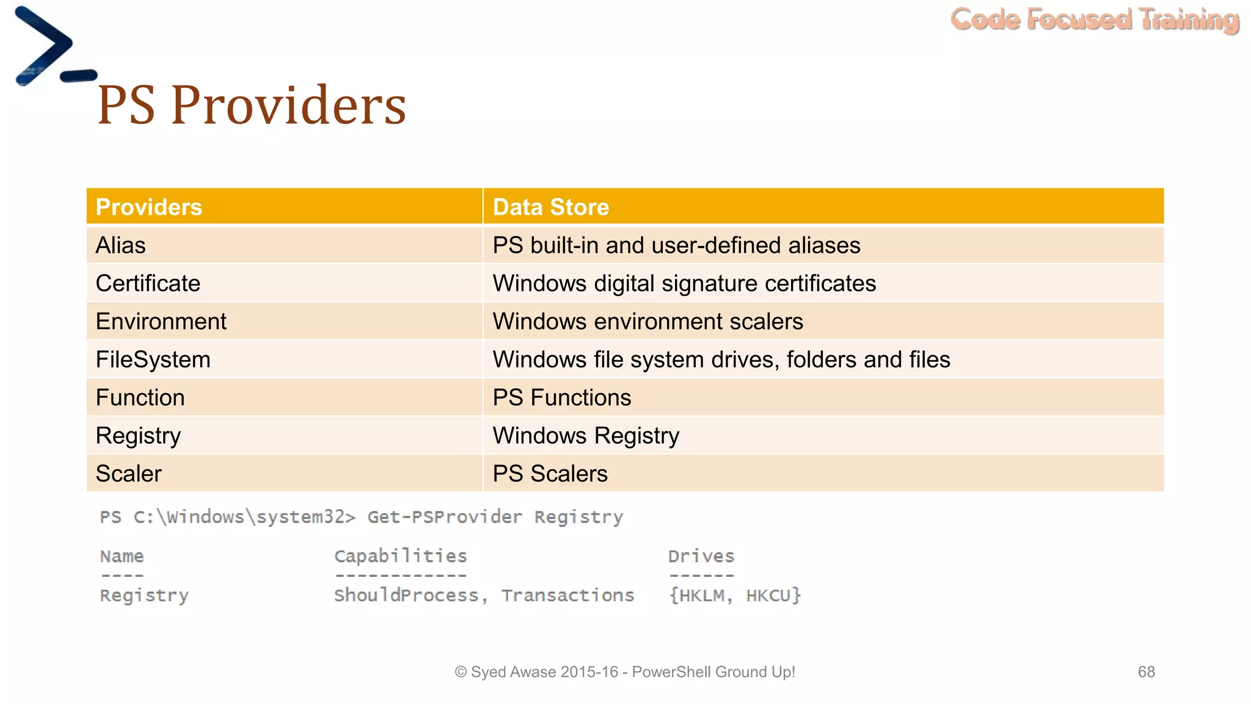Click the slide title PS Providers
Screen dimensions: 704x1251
click(252, 105)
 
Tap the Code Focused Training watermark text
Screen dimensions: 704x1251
click(1095, 20)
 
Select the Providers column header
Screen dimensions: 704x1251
click(149, 207)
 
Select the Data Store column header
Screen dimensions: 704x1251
click(550, 207)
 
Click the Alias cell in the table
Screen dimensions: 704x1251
click(121, 246)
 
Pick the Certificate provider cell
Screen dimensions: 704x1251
click(148, 284)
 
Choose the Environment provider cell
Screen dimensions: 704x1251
click(161, 321)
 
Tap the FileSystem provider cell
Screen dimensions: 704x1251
click(153, 359)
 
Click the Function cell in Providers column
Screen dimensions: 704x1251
click(140, 398)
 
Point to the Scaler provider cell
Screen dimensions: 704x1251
click(128, 474)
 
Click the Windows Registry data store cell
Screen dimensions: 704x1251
click(586, 436)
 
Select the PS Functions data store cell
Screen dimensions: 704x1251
click(561, 398)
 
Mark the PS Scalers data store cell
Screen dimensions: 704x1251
click(550, 474)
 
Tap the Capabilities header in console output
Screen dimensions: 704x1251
click(400, 556)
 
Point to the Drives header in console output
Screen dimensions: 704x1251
click(701, 556)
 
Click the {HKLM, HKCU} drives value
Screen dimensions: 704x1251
click(735, 595)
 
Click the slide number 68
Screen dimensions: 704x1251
click(1146, 672)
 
